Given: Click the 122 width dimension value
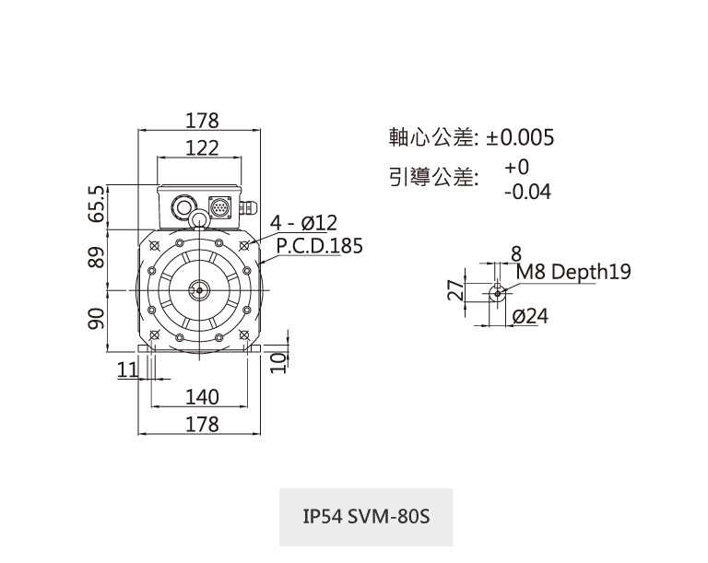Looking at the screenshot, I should [202, 147].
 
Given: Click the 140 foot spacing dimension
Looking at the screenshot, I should [202, 397].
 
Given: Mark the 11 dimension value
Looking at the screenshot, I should [127, 369].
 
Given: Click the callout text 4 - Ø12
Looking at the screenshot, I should [304, 223].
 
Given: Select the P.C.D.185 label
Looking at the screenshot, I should [319, 246].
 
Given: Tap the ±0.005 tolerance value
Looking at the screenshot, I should [521, 138].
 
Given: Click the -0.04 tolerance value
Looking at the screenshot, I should [527, 192].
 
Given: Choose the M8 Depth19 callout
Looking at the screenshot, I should [572, 272].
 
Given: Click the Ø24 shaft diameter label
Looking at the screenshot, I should [529, 316].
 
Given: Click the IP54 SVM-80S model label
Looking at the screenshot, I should [366, 516].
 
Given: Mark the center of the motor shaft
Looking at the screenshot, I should [196, 290].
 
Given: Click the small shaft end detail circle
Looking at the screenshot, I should [498, 293].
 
